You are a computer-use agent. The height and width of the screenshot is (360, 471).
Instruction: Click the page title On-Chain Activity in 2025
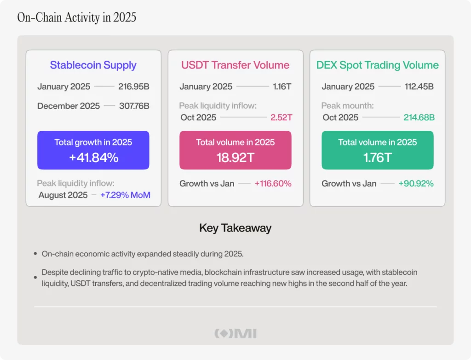click(x=76, y=17)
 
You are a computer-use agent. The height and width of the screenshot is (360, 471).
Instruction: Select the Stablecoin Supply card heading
click(x=93, y=65)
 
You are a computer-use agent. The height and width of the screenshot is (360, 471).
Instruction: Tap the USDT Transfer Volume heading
click(x=235, y=65)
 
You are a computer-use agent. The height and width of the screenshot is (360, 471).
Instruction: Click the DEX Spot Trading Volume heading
click(x=377, y=65)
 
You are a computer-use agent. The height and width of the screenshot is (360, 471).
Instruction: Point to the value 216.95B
click(x=134, y=87)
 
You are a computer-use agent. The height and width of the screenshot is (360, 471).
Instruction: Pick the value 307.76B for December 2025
click(x=134, y=106)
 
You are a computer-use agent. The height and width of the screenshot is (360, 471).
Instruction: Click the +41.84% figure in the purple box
click(x=93, y=158)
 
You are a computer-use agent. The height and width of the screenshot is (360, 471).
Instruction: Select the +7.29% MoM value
click(x=125, y=195)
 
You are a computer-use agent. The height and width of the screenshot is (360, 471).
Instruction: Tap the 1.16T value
click(x=281, y=87)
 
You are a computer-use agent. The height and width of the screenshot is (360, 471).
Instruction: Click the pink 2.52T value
click(x=281, y=117)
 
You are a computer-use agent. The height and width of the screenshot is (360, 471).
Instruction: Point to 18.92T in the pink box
click(x=235, y=158)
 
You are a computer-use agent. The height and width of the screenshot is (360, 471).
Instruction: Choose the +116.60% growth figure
click(x=273, y=184)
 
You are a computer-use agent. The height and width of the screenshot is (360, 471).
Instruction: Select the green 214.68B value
click(x=419, y=117)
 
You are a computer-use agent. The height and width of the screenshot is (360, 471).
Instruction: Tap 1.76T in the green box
click(x=377, y=158)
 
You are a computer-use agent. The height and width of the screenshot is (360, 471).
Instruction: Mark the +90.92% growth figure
click(x=416, y=184)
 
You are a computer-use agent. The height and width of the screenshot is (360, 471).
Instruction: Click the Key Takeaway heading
click(x=235, y=228)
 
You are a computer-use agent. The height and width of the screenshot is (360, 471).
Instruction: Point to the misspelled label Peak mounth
click(x=347, y=106)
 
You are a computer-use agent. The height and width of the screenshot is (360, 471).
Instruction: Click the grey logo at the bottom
click(x=235, y=333)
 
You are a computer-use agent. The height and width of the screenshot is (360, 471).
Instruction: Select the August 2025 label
click(x=63, y=195)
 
